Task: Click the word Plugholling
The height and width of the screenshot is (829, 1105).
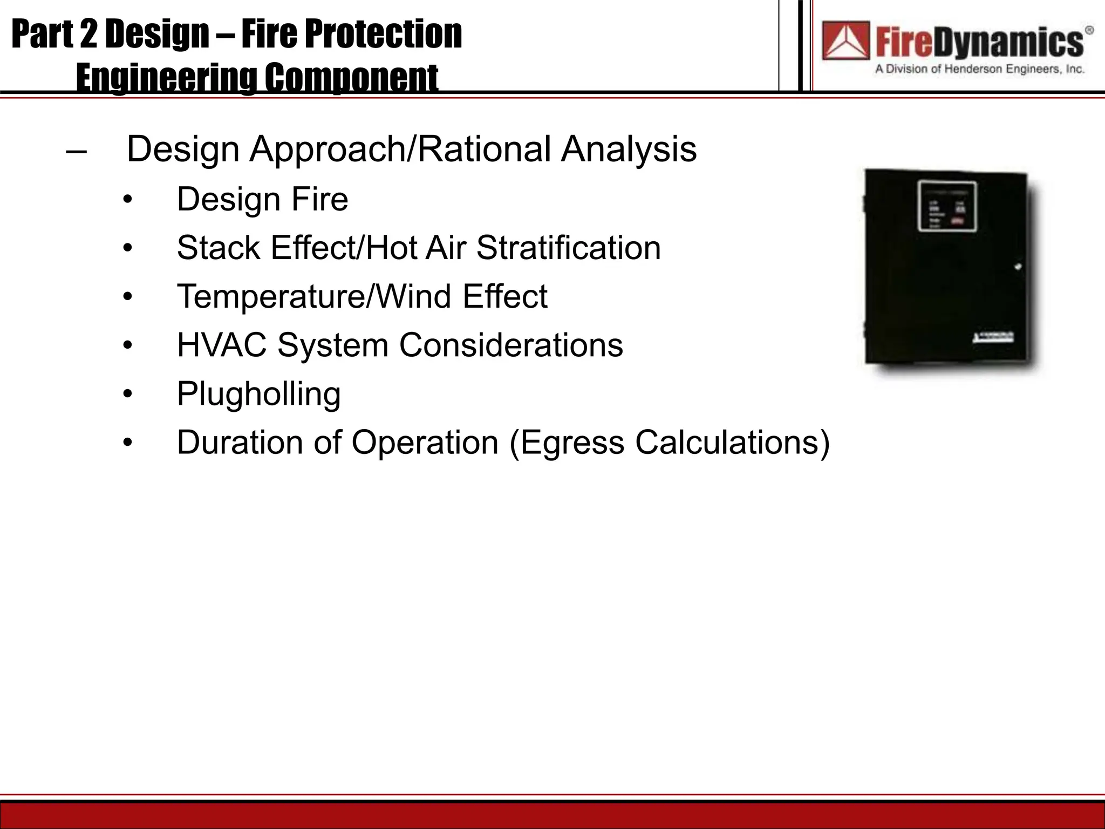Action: pos(258,394)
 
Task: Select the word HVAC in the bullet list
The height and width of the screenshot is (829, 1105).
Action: pos(222,345)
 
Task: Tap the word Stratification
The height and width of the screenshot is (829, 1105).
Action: pos(568,248)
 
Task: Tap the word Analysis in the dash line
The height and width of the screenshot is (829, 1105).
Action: pos(629,150)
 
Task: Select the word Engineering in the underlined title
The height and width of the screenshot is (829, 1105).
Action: pos(165,78)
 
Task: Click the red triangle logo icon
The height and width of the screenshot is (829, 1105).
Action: pos(845,40)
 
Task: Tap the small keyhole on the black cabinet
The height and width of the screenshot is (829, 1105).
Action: pos(1018,267)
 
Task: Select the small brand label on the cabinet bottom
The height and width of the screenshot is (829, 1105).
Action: pos(993,338)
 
